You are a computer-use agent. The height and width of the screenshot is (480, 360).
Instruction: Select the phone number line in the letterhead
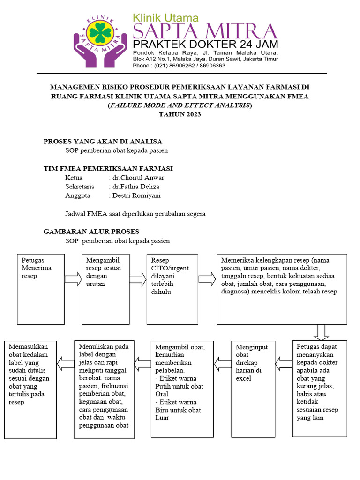coord(179,66)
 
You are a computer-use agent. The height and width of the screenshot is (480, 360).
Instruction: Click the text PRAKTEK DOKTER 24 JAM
coord(205,45)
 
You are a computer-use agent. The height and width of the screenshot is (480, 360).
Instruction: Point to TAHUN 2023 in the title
coord(180,114)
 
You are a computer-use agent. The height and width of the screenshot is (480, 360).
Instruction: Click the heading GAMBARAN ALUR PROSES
coord(91,232)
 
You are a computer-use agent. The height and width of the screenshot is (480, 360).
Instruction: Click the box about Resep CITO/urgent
coord(172,289)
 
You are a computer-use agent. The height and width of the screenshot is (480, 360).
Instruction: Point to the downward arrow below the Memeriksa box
coord(321,332)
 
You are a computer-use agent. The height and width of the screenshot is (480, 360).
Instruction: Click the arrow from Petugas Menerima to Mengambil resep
coord(73,279)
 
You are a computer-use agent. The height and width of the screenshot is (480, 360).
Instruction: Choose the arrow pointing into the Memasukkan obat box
coord(65,362)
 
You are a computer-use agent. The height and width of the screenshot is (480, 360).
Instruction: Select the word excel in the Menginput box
coord(244,378)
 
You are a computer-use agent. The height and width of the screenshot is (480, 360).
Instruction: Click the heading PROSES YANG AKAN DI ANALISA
coord(103,141)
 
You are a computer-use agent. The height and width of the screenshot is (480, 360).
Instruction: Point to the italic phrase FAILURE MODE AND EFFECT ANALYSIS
coord(180,105)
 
